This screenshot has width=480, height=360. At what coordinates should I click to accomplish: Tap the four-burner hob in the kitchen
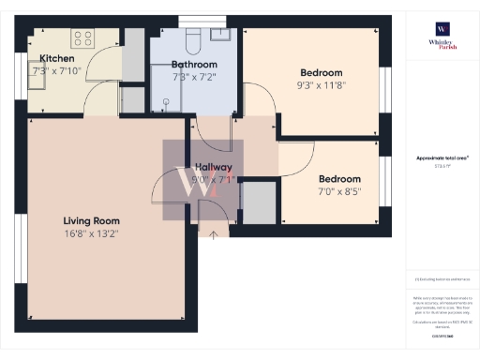point(82,39)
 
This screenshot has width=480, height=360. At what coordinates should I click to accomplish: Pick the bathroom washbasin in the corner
point(221,35)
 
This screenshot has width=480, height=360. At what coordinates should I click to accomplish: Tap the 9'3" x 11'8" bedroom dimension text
point(321,84)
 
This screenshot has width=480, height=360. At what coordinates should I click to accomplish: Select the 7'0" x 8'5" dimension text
point(339,191)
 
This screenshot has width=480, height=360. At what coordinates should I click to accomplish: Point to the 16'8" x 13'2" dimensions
point(90,233)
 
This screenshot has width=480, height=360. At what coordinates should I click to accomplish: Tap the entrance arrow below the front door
point(213,234)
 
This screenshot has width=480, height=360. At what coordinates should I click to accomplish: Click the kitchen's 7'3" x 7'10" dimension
point(58,70)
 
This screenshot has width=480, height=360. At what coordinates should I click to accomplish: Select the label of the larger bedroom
point(321,72)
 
